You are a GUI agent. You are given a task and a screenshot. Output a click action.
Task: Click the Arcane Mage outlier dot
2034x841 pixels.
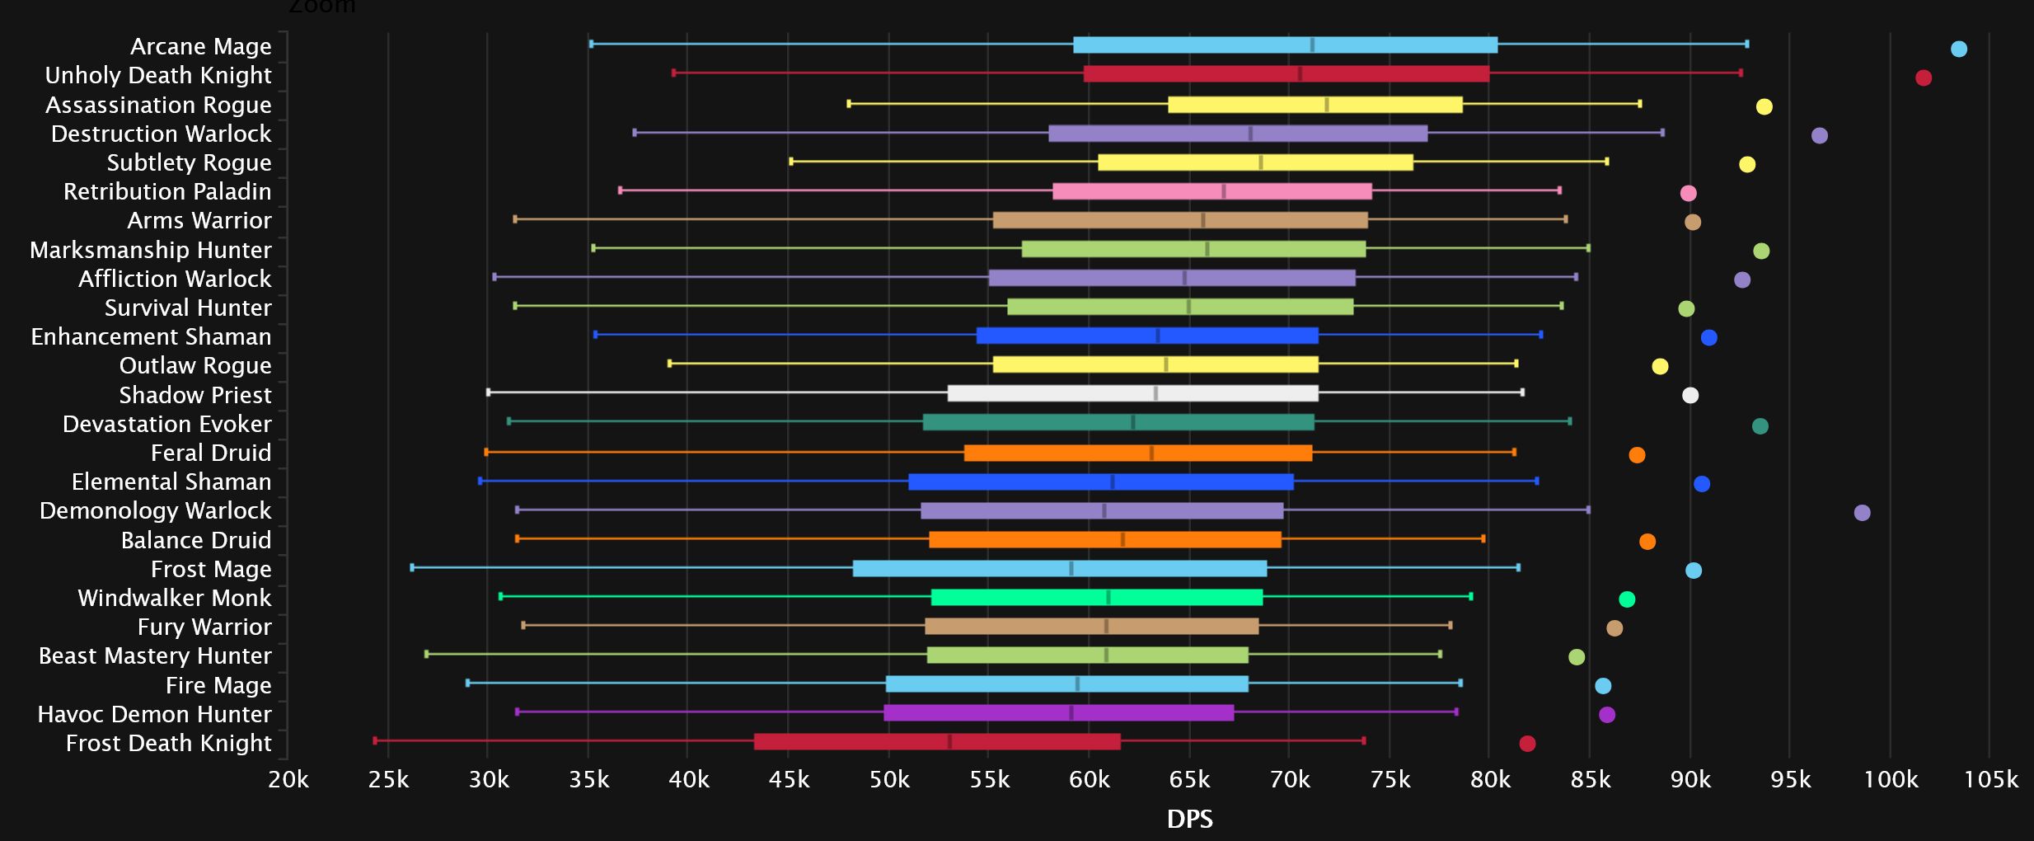pos(1959,49)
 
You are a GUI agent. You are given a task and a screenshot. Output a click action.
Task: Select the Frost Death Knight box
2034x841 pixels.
pos(937,741)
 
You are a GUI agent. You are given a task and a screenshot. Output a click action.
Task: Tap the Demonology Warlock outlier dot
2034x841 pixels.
pos(1862,513)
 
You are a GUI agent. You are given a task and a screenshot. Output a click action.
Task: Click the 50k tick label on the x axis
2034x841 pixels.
pos(889,780)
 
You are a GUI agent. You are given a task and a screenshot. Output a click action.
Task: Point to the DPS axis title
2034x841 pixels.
pos(1189,819)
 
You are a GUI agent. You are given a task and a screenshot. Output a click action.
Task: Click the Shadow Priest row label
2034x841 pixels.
pos(195,395)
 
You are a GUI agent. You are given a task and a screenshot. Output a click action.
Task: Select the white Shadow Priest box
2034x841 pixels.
pos(1132,393)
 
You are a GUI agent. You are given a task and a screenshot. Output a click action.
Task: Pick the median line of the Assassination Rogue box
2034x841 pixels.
pos(1326,105)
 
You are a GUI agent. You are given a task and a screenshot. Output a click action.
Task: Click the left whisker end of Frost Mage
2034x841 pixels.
pos(412,567)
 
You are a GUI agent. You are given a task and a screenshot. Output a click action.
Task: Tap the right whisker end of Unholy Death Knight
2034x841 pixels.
pos(1741,73)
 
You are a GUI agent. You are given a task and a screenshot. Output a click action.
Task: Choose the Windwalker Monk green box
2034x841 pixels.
pos(1096,597)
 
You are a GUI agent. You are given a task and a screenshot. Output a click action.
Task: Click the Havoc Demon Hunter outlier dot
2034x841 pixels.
pos(1607,715)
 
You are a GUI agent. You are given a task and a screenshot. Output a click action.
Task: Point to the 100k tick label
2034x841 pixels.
pos(1891,780)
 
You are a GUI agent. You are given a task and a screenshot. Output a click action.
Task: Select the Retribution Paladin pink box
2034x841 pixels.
pos(1211,191)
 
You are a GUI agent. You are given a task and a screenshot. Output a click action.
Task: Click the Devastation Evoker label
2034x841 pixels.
pos(167,424)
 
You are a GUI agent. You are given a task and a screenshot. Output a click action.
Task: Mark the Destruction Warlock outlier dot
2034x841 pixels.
pos(1820,135)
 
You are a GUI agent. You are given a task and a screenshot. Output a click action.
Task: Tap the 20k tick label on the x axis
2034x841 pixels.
pos(288,780)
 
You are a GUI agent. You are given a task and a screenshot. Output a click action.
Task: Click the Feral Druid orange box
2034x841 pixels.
pos(1137,453)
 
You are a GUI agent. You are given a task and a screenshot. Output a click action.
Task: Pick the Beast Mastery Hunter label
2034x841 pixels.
pos(155,655)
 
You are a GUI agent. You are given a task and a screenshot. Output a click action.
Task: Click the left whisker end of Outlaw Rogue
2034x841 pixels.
pos(669,364)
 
